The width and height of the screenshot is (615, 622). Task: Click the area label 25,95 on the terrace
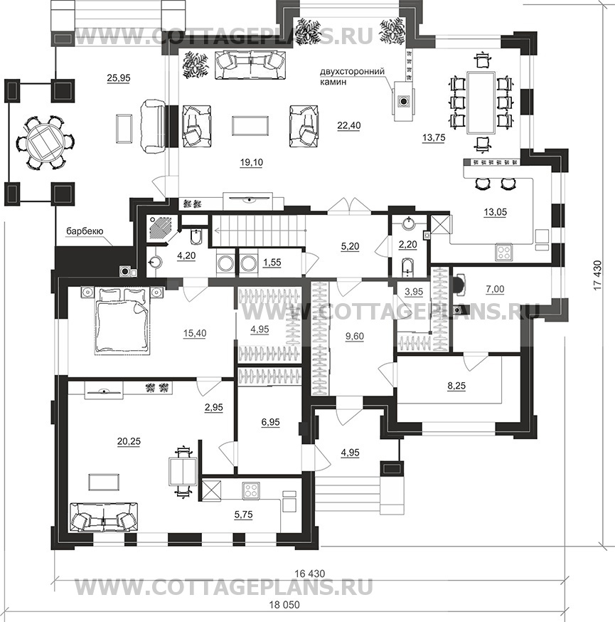point(119,78)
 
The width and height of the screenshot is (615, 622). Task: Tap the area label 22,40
point(348,125)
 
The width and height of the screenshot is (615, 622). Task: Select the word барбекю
point(85,231)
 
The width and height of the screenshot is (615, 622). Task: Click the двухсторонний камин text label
point(352,77)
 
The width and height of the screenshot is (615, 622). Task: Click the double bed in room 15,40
point(122,320)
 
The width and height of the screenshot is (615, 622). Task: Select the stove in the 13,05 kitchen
point(504,253)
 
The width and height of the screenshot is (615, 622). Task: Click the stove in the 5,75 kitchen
point(251,491)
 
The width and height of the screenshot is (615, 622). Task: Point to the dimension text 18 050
point(284,605)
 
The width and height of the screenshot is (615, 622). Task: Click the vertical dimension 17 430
point(597,275)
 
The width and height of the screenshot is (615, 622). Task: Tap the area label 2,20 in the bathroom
point(408,245)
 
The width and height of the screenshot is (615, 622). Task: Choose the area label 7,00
point(495,289)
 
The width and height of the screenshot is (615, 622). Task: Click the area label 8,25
point(456,385)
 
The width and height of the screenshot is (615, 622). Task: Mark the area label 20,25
point(129,441)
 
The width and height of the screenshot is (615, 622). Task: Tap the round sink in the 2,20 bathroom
point(408,223)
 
